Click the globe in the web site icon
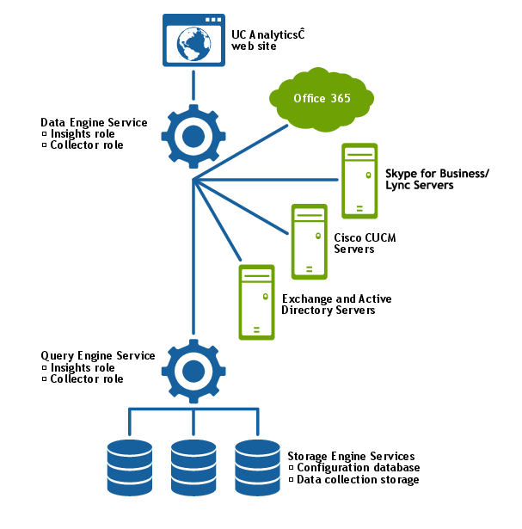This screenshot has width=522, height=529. pyautogui.click(x=193, y=46)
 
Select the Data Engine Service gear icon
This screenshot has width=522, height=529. pyautogui.click(x=193, y=136)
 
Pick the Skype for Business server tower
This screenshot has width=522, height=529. pyautogui.click(x=360, y=181)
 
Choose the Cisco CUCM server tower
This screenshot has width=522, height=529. pyautogui.click(x=309, y=241)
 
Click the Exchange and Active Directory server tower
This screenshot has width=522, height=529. pyautogui.click(x=256, y=301)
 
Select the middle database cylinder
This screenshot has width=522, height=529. pyautogui.click(x=193, y=464)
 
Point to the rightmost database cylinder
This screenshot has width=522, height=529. pyautogui.click(x=258, y=464)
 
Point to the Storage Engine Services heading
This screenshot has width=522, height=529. pyautogui.click(x=351, y=456)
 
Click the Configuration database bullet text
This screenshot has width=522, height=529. pyautogui.click(x=358, y=468)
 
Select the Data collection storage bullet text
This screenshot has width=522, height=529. pyautogui.click(x=358, y=479)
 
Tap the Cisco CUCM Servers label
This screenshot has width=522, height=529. pyautogui.click(x=353, y=243)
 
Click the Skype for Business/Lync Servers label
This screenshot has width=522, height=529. pyautogui.click(x=437, y=180)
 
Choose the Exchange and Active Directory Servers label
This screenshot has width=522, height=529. pyautogui.click(x=335, y=304)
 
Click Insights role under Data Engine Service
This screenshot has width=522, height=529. pyautogui.click(x=82, y=134)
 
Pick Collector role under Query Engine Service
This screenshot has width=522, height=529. pyautogui.click(x=86, y=378)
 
